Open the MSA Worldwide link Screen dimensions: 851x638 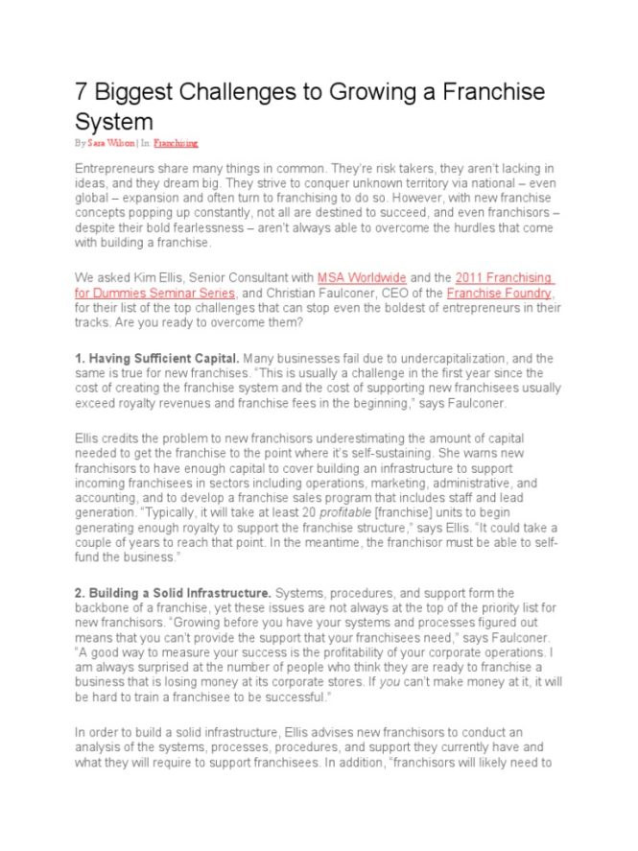[x=362, y=278]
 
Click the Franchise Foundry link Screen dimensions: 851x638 [x=499, y=293]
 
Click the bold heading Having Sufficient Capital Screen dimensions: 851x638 [x=163, y=358]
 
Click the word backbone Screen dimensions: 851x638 [x=105, y=608]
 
